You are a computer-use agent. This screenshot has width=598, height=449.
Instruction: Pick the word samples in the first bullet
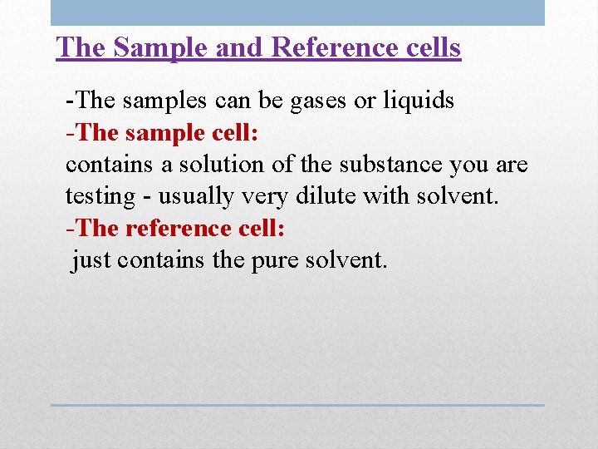154,101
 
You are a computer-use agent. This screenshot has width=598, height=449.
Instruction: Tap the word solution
220,165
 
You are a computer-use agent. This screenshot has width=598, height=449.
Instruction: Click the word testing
100,197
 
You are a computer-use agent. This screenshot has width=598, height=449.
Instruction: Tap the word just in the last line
91,260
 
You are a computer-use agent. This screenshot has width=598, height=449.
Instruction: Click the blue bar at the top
297,12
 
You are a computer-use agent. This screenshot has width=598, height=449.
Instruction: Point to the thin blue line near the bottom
297,405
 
